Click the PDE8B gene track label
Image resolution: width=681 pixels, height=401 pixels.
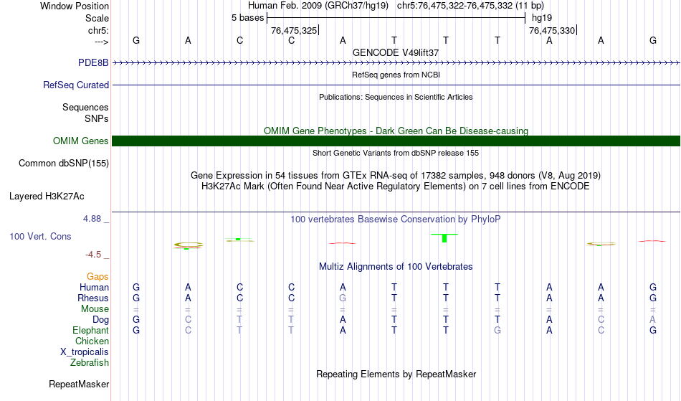(x=93, y=62)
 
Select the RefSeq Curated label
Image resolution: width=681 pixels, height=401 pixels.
(x=76, y=85)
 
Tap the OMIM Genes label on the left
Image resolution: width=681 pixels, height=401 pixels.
(x=81, y=141)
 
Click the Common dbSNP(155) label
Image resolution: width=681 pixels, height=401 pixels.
(x=64, y=164)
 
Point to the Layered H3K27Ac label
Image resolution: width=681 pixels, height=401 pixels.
(x=47, y=197)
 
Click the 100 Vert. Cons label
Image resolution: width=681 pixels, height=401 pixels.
(x=40, y=236)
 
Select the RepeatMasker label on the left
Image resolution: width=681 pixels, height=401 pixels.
(x=79, y=384)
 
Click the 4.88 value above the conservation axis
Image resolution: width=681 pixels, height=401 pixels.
(x=92, y=219)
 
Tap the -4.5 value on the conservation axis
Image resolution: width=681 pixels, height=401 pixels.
(x=93, y=255)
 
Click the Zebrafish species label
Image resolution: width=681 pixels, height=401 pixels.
(x=90, y=362)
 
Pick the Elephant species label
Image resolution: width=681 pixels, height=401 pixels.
(x=91, y=330)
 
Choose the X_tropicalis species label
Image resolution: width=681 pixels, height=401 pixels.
(x=85, y=352)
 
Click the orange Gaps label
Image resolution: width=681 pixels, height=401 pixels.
(x=97, y=276)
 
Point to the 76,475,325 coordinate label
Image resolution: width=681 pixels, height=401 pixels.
(x=294, y=30)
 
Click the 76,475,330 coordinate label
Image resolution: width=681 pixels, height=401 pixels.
(x=552, y=30)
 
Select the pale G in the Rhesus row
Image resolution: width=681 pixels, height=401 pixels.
(x=343, y=298)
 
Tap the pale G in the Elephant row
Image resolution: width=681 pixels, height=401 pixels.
(x=497, y=330)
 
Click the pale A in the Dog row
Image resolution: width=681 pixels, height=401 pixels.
(x=653, y=319)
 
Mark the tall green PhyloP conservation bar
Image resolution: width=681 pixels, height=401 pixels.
(x=444, y=238)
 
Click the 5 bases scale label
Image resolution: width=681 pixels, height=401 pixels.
(x=247, y=18)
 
